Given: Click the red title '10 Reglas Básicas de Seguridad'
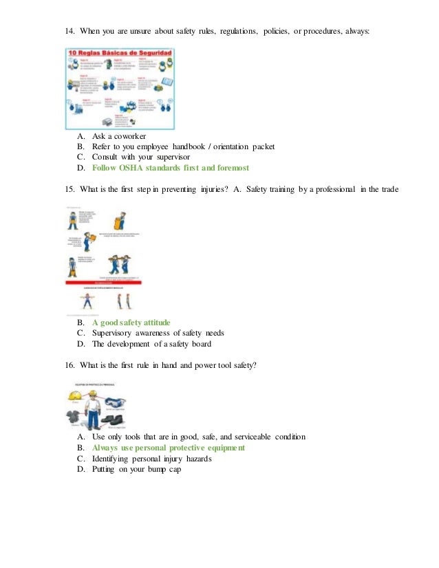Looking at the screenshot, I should (119, 54).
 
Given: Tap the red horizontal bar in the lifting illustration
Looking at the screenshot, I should (103, 282).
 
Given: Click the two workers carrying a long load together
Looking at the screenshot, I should (119, 263).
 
